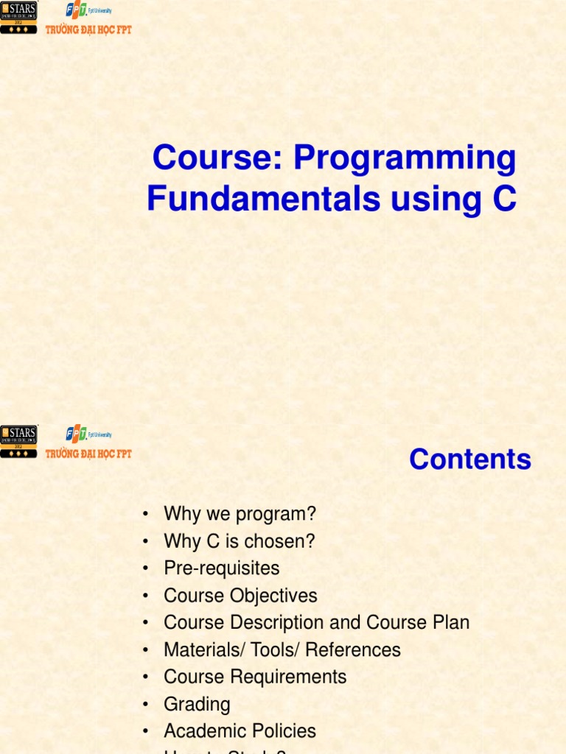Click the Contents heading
470,459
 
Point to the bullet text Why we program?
240,514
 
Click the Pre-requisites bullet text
222,568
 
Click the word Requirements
290,677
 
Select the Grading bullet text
197,704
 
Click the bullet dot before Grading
147,705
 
